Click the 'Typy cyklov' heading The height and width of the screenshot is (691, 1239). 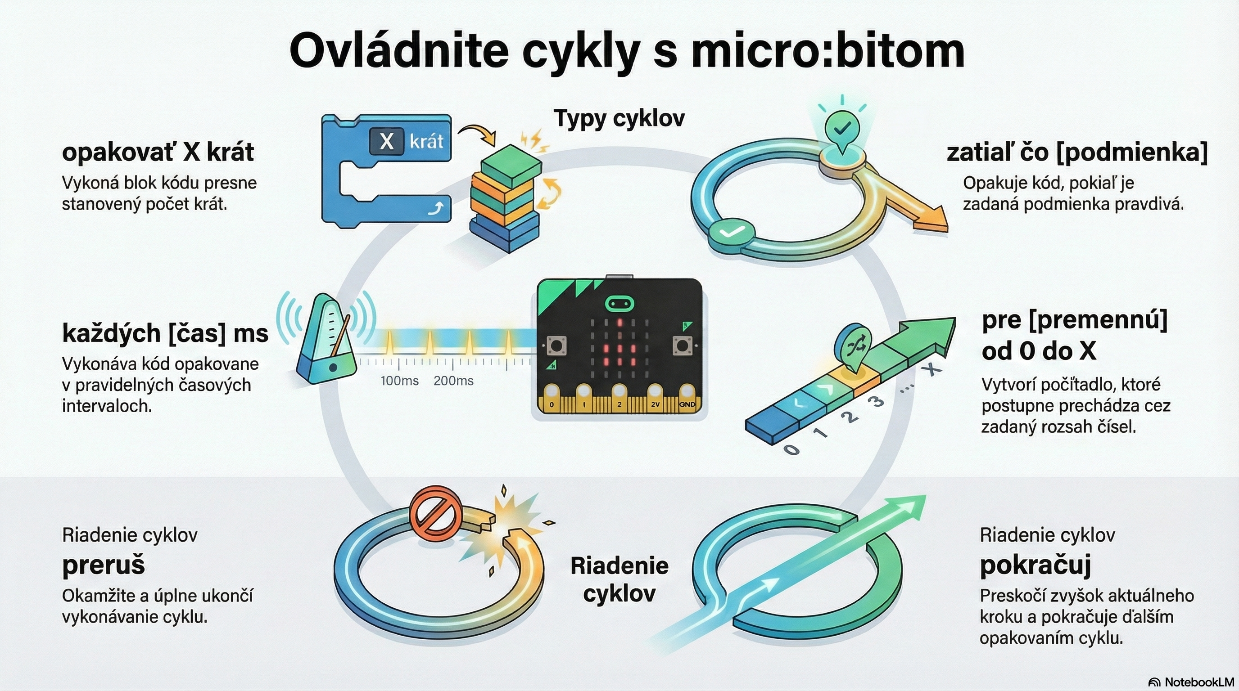pos(619,118)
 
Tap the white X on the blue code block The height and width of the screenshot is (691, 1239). pos(386,141)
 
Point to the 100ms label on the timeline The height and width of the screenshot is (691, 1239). pos(399,381)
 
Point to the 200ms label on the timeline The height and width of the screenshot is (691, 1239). pos(453,381)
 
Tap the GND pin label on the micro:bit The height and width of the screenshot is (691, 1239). pos(687,404)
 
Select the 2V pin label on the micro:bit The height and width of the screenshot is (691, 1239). pos(655,404)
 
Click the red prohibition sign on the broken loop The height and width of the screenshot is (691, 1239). pos(435,513)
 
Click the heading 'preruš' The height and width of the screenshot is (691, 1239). pos(104,565)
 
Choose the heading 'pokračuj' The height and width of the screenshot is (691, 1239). pos(1035,565)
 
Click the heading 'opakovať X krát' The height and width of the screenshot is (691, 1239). pos(158,153)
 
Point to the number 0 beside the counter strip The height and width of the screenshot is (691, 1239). pos(791,449)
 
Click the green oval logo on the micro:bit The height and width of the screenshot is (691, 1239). pos(619,304)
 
